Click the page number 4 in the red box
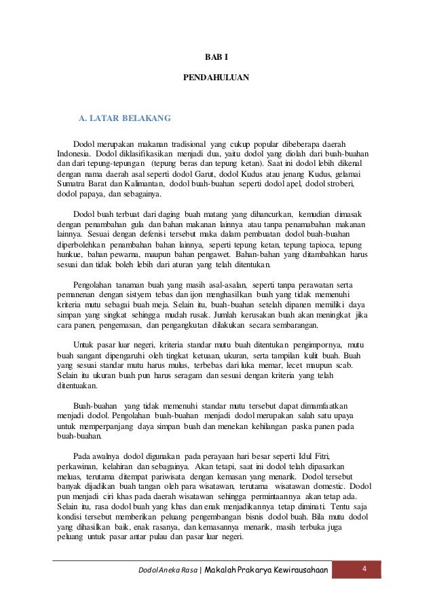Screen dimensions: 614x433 [x=364, y=567]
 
